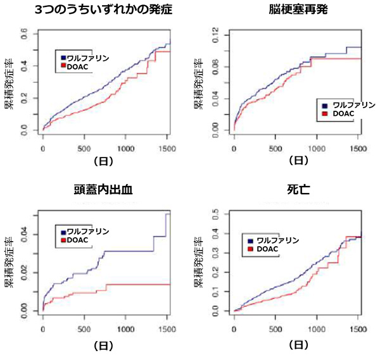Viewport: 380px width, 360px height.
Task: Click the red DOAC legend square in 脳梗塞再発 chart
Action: click(x=325, y=114)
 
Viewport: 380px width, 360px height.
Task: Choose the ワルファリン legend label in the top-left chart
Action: click(x=87, y=58)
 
